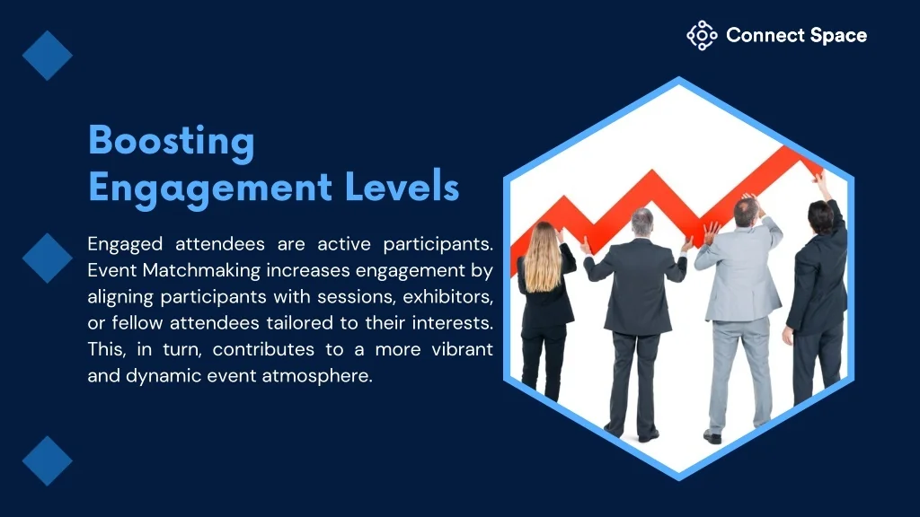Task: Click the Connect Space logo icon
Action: pyautogui.click(x=702, y=36)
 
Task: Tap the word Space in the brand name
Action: pyautogui.click(x=838, y=36)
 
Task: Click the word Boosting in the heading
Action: pyautogui.click(x=172, y=142)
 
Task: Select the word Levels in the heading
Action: pyautogui.click(x=402, y=187)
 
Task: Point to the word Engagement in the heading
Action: pyautogui.click(x=210, y=188)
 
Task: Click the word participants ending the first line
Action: pyautogui.click(x=438, y=245)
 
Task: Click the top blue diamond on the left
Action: pyautogui.click(x=48, y=56)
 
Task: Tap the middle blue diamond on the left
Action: pyautogui.click(x=48, y=258)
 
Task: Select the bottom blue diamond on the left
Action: pyautogui.click(x=48, y=461)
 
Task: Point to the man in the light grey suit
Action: pyautogui.click(x=739, y=305)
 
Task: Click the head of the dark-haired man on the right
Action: pyautogui.click(x=820, y=217)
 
